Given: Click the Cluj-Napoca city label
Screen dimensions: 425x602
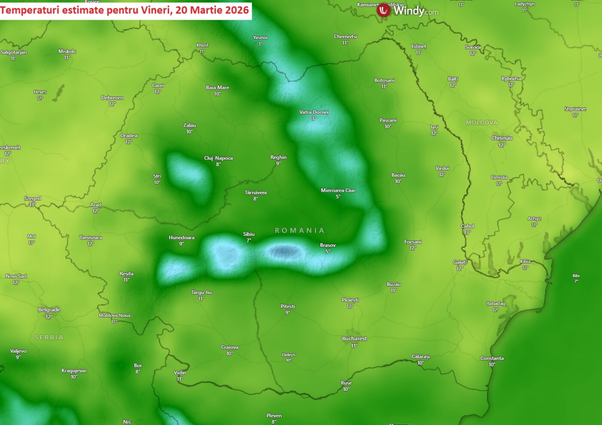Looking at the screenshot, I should [x=218, y=158].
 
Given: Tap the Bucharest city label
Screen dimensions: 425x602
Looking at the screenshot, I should [x=354, y=339].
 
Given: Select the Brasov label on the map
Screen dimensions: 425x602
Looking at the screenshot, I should [x=328, y=245].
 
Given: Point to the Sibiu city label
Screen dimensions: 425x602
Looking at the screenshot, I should [x=249, y=234].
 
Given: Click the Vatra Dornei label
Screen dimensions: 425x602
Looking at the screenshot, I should [x=314, y=112].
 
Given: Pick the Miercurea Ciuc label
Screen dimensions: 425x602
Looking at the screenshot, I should [x=338, y=191].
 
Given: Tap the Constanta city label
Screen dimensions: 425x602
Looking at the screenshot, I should [x=492, y=358].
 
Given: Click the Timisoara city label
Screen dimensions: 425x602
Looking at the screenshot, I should [x=91, y=237].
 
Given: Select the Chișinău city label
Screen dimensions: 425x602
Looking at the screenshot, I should [x=502, y=138].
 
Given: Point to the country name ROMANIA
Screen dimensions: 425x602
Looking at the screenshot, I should [x=300, y=231].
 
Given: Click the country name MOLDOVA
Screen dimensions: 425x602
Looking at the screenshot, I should [x=482, y=123].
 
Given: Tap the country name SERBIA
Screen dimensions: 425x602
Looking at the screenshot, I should [x=49, y=338].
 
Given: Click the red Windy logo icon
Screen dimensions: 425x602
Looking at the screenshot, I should [x=383, y=10].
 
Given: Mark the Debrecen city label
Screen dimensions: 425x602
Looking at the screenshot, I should [x=112, y=98].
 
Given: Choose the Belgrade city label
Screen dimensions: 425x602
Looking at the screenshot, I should [x=49, y=310].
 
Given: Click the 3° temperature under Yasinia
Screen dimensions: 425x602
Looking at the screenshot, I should [x=260, y=44].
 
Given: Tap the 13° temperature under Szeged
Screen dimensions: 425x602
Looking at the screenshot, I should [x=32, y=205].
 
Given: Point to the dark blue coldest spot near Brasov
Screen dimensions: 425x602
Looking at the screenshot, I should [x=283, y=251].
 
